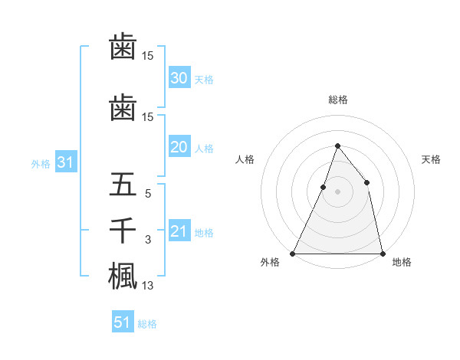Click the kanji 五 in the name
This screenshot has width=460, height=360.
[x=123, y=185]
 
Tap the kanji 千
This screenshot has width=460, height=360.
[x=123, y=231]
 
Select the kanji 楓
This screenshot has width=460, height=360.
[x=123, y=276]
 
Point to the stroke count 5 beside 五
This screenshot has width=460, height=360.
[x=148, y=195]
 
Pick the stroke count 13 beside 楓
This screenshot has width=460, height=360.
[x=148, y=286]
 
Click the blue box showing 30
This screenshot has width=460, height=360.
[x=179, y=78]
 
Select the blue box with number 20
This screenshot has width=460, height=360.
[x=179, y=148]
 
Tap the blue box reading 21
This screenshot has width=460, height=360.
[x=179, y=232]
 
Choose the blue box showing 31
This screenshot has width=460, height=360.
[x=65, y=163]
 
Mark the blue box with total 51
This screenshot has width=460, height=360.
[x=123, y=322]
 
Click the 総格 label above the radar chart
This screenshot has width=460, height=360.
[x=337, y=100]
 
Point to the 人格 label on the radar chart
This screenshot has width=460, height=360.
[x=245, y=159]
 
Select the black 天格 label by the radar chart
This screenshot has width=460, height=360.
[x=431, y=159]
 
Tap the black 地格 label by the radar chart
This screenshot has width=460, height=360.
[x=402, y=263]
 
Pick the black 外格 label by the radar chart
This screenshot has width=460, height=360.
[x=271, y=263]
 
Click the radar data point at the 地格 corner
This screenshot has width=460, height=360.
[x=382, y=253]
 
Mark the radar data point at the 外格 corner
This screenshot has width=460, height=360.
[x=293, y=253]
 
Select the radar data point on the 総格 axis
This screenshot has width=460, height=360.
[x=337, y=146]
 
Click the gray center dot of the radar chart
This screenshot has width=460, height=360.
[x=337, y=191]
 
